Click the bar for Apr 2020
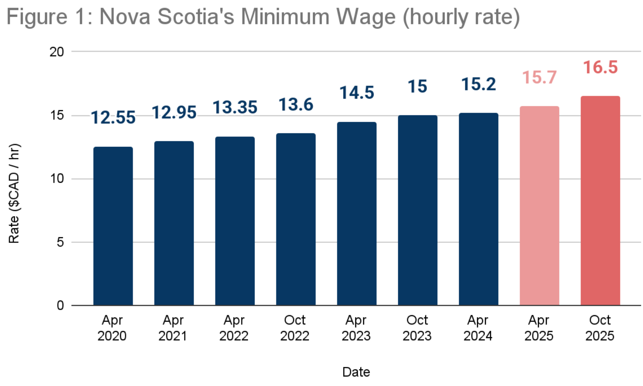(x=113, y=226)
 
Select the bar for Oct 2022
(x=296, y=219)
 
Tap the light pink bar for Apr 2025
(x=540, y=206)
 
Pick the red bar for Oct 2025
(x=600, y=201)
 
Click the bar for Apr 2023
(x=357, y=214)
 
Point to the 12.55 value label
(x=113, y=118)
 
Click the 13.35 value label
(x=235, y=107)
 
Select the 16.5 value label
(x=600, y=67)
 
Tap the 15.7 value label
(x=540, y=78)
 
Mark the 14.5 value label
(x=357, y=93)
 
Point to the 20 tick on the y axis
(x=57, y=52)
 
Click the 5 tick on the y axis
(x=60, y=242)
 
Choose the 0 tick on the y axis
(x=60, y=305)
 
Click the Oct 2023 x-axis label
(x=417, y=328)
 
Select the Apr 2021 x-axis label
(x=173, y=328)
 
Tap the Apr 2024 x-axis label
(x=478, y=328)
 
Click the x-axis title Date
(x=356, y=372)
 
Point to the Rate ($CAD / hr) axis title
(x=14, y=193)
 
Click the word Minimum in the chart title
(x=285, y=17)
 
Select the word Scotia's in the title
(x=196, y=17)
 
